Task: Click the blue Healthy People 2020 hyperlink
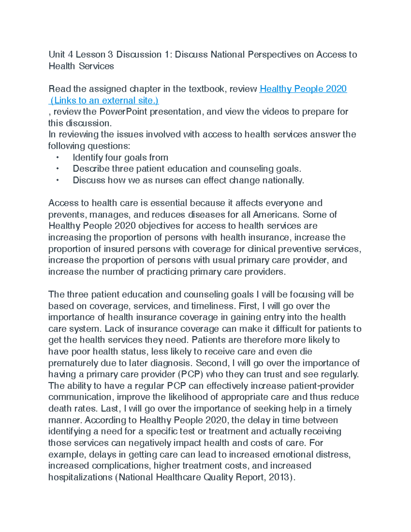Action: tap(303, 89)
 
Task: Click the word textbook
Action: tap(207, 89)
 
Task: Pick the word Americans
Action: tap(276, 215)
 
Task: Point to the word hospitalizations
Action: tap(80, 477)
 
